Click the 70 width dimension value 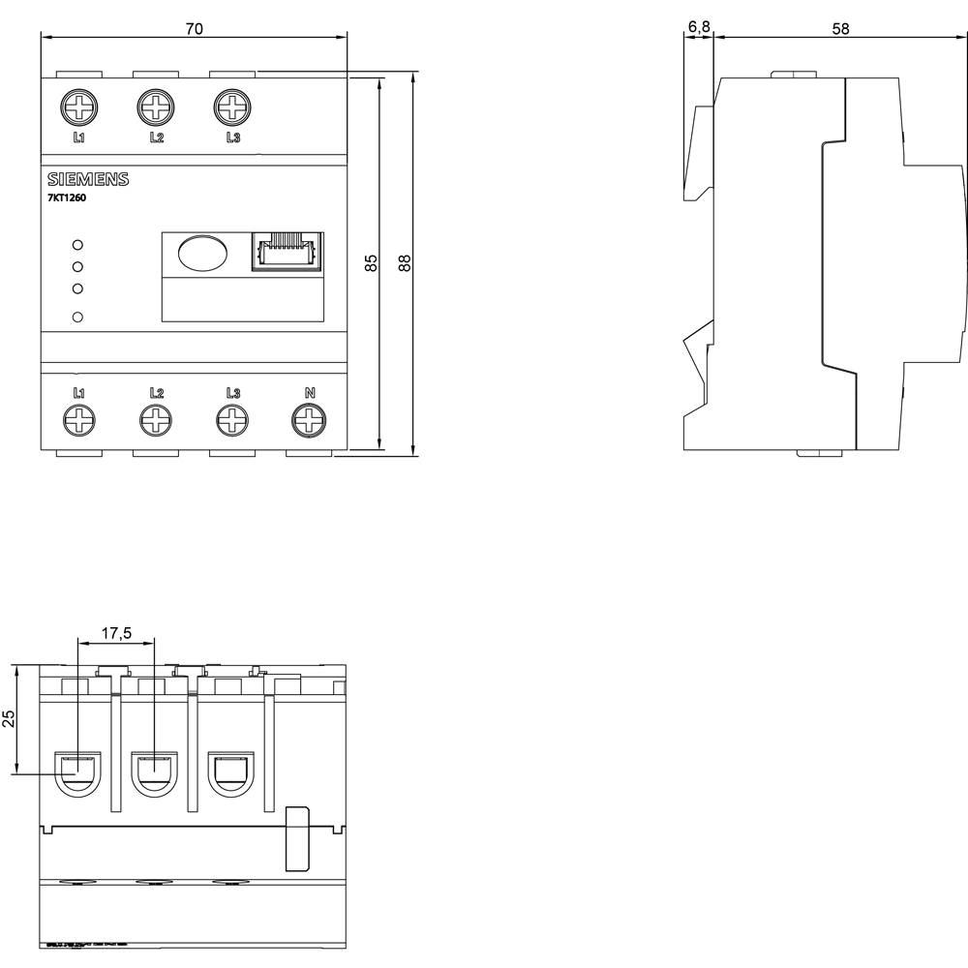[194, 29]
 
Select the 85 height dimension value [371, 262]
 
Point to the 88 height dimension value [406, 262]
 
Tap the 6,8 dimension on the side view [698, 29]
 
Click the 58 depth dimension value [840, 29]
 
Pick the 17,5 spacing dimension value [116, 633]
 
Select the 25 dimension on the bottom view [9, 718]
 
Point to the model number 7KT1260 [68, 197]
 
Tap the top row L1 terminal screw [78, 106]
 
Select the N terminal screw [309, 419]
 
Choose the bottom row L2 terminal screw [156, 419]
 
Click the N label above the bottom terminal [310, 393]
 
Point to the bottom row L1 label [79, 393]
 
